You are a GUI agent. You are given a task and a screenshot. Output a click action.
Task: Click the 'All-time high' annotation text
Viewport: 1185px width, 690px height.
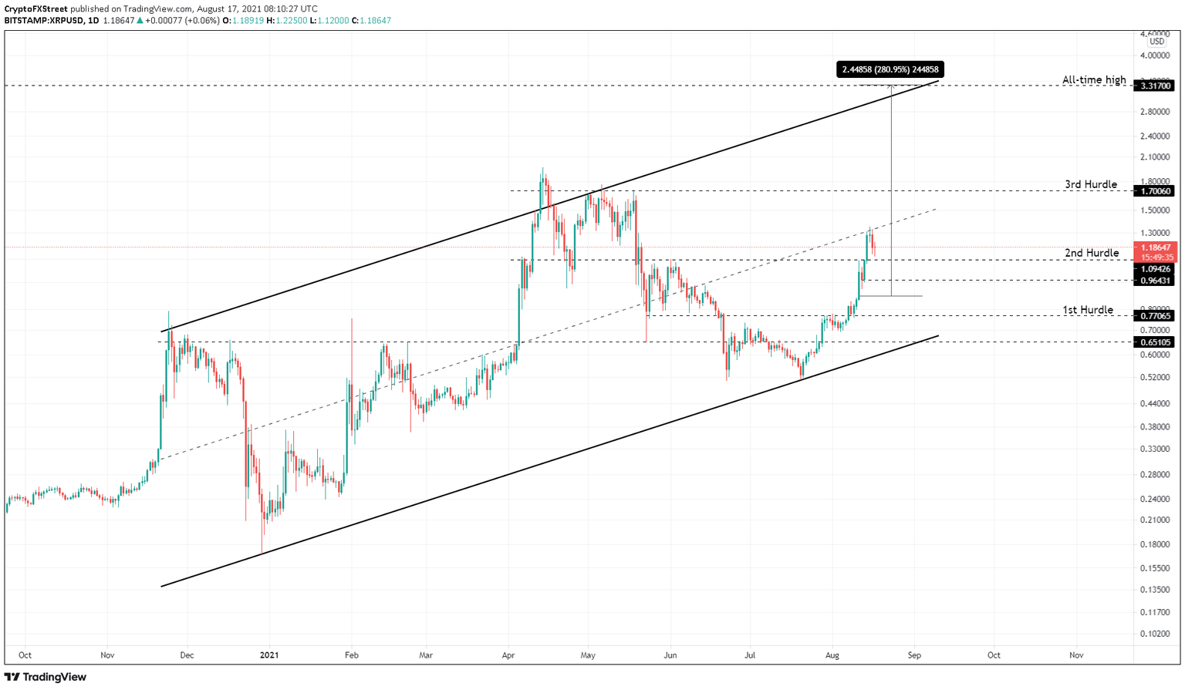pyautogui.click(x=1093, y=80)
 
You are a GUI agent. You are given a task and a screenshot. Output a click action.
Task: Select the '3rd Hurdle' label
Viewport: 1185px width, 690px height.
pyautogui.click(x=1090, y=184)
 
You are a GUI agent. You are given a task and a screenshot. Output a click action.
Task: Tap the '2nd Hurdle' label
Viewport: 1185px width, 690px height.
pyautogui.click(x=1091, y=253)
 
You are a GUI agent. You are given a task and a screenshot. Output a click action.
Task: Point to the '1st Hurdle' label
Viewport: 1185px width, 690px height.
pyautogui.click(x=1087, y=310)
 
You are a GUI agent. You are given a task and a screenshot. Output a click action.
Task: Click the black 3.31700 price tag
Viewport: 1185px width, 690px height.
pyautogui.click(x=1156, y=86)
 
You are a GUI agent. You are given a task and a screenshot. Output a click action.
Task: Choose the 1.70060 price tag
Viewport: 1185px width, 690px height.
pyautogui.click(x=1156, y=191)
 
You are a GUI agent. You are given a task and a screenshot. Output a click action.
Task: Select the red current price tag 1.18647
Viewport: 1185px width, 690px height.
pyautogui.click(x=1156, y=248)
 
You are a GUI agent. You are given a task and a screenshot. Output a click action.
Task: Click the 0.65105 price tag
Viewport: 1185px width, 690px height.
pyautogui.click(x=1156, y=342)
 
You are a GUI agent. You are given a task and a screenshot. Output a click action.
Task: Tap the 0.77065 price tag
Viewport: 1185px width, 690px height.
pyautogui.click(x=1156, y=316)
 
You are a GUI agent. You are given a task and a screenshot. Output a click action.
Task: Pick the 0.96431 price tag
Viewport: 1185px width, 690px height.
pyautogui.click(x=1156, y=281)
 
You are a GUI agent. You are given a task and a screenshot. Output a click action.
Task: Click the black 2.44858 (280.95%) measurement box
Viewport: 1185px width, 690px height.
pyautogui.click(x=890, y=69)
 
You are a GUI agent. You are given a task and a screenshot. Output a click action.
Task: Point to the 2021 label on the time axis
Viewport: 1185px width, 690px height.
pyautogui.click(x=269, y=655)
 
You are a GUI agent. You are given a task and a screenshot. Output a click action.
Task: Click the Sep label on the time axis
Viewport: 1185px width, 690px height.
pyautogui.click(x=914, y=655)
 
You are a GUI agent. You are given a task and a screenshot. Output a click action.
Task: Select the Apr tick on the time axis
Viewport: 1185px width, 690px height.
pyautogui.click(x=508, y=655)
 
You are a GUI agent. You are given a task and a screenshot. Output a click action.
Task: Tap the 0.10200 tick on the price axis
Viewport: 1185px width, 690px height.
pyautogui.click(x=1155, y=634)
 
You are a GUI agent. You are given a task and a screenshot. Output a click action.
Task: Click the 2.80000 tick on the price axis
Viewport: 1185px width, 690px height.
pyautogui.click(x=1155, y=112)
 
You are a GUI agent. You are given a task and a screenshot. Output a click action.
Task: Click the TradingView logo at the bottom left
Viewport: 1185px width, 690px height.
pyautogui.click(x=46, y=677)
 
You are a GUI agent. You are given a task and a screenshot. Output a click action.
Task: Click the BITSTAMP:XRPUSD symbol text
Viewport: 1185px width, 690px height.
pyautogui.click(x=44, y=21)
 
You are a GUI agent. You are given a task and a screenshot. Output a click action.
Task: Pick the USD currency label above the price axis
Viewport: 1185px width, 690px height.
pyautogui.click(x=1157, y=42)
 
